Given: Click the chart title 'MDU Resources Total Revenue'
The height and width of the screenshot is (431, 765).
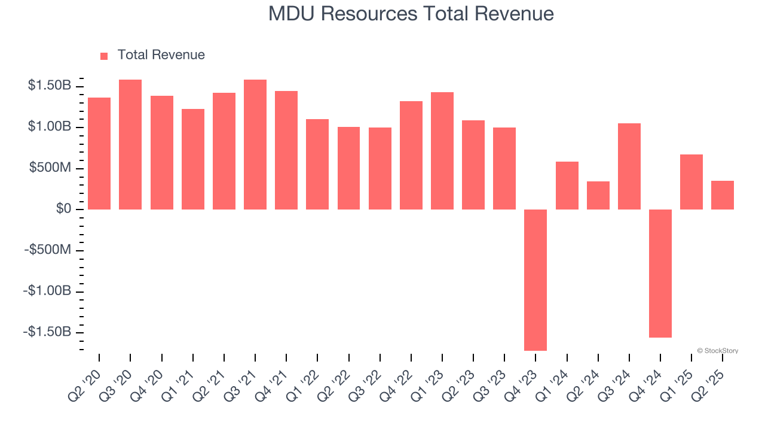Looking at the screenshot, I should pos(411,14).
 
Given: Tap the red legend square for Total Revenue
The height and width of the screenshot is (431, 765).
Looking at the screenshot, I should pos(104,56).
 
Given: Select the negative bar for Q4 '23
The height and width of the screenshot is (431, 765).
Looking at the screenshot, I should pos(535,280).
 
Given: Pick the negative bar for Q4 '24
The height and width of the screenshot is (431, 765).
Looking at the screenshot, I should pos(660,274).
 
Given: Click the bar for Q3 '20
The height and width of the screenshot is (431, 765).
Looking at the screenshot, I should pos(130,144).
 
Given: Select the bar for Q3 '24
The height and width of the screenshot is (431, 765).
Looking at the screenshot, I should pos(629,166).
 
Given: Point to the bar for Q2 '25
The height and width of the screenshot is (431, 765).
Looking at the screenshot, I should pos(723,195).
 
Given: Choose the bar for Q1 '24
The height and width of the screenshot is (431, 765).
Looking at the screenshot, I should pos(567,186).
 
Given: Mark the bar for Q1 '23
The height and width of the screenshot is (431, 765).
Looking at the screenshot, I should pos(442,151).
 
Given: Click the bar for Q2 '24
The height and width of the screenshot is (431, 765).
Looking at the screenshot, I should pos(598,195).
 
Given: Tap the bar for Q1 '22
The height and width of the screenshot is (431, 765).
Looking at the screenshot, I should pos(317,164).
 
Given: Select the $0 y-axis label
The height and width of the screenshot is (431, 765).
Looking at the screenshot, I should pos(64,209).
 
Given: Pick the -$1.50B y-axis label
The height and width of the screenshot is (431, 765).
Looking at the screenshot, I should pos(47,332).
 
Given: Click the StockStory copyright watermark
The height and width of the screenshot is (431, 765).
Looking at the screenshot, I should pos(717,351).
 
